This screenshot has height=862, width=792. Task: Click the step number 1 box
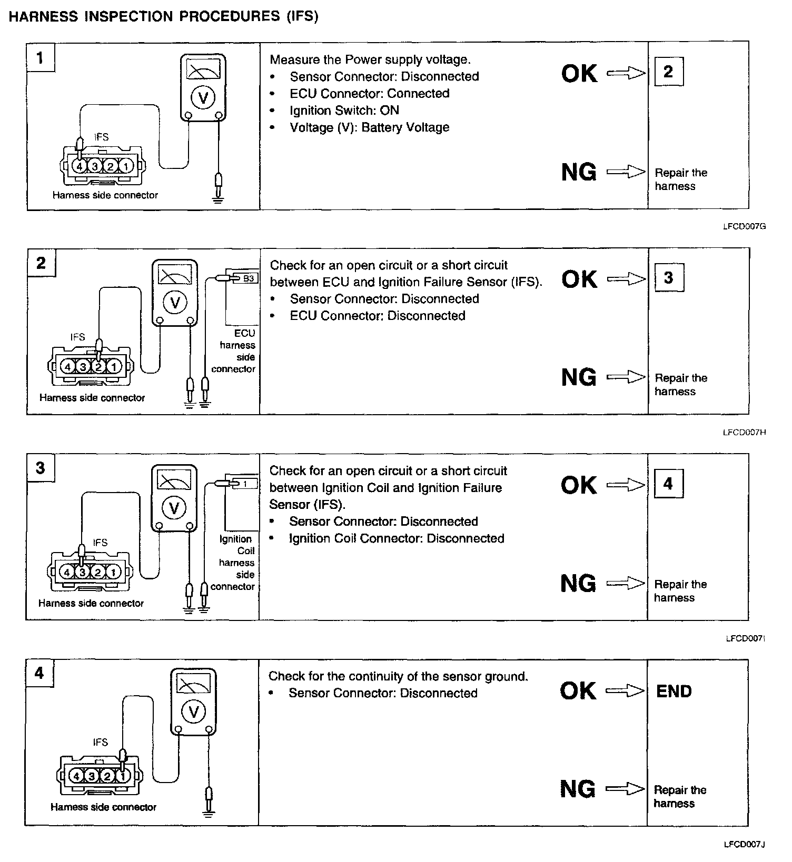(41, 57)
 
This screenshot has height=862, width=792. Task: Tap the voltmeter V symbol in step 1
(203, 97)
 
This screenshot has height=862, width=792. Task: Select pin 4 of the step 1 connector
(80, 167)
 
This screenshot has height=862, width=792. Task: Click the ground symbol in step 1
(217, 199)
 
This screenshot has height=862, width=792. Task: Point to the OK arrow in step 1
(626, 73)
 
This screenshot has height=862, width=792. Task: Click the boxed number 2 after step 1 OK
(668, 71)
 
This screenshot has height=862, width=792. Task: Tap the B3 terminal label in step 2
(249, 278)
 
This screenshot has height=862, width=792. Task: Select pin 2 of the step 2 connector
(98, 366)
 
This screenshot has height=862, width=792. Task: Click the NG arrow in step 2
(626, 377)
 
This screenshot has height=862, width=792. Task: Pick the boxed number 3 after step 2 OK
(669, 277)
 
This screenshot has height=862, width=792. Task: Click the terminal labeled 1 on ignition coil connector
(245, 483)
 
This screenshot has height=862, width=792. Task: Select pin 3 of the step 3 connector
(82, 572)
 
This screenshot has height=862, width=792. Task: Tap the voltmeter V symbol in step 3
(174, 508)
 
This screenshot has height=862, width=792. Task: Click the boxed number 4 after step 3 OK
(668, 483)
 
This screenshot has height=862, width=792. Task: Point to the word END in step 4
(674, 691)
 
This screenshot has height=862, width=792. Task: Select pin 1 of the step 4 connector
(123, 776)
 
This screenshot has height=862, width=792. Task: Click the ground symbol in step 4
(209, 814)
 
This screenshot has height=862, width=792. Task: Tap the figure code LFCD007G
(744, 227)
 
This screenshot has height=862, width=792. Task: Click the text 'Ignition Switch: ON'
(344, 111)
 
